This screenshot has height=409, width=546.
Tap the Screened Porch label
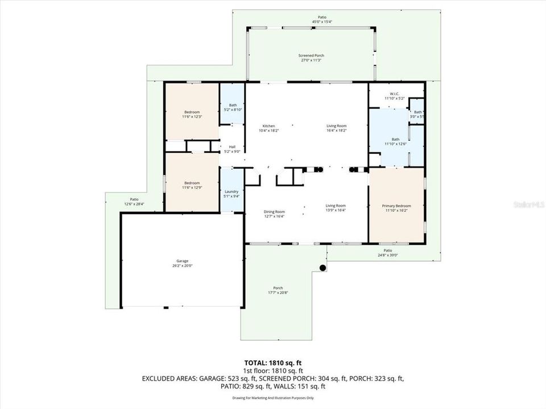[x=311, y=55]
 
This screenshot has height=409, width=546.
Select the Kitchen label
[x=268, y=126]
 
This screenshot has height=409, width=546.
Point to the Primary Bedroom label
[x=396, y=206]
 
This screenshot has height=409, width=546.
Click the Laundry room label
[x=231, y=191]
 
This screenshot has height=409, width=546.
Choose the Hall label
[x=232, y=147]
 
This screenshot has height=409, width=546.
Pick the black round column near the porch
[x=322, y=268]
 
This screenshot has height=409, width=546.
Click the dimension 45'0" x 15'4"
[x=322, y=22]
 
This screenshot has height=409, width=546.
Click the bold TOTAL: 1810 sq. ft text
[x=272, y=362]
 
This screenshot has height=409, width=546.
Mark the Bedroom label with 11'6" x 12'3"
[x=192, y=112]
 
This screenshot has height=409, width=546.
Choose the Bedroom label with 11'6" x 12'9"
[x=192, y=183]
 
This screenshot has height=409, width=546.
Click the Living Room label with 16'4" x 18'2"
[x=336, y=126]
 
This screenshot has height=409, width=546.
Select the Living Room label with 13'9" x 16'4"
[x=336, y=206]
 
